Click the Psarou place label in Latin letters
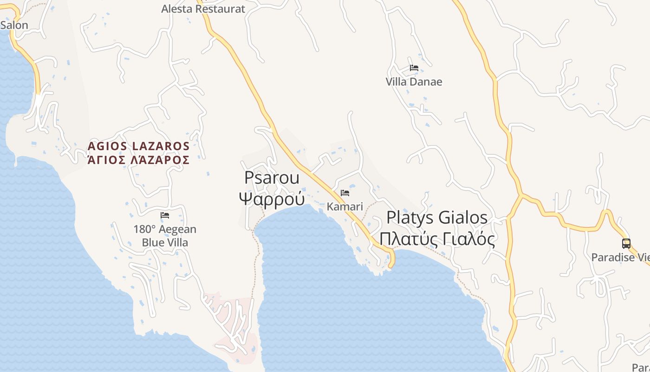click(272, 178)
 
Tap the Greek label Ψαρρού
click(272, 199)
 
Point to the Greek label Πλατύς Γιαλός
click(437, 239)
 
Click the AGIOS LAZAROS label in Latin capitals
click(138, 146)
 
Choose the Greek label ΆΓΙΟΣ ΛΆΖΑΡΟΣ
click(138, 160)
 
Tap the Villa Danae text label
click(414, 82)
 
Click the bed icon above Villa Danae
click(414, 68)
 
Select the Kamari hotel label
click(344, 206)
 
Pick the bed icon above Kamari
click(345, 193)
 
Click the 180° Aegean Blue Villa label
click(165, 236)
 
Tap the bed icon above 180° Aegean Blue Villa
click(165, 215)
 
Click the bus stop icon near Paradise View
click(626, 243)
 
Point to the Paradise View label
click(620, 257)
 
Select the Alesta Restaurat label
click(203, 9)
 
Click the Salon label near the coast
click(14, 25)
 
